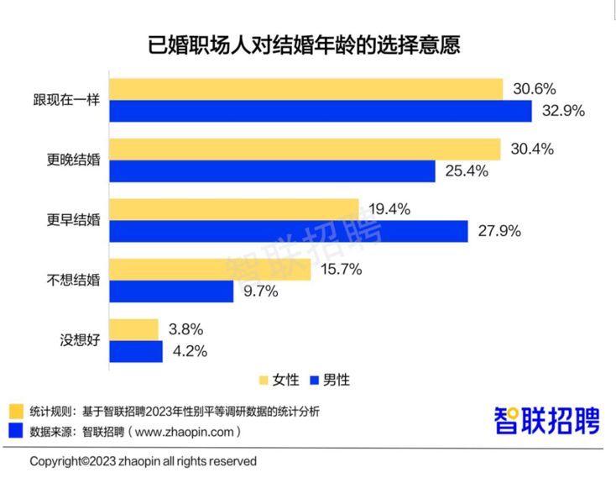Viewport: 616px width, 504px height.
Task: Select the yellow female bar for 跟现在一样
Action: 306,89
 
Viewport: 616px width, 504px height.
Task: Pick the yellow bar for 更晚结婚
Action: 305,149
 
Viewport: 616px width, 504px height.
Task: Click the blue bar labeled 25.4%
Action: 273,171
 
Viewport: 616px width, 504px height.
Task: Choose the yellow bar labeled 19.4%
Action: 234,209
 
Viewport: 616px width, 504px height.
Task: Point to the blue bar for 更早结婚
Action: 289,231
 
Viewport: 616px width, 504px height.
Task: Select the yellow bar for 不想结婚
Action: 211,270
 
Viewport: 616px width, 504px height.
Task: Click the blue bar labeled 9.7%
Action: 172,291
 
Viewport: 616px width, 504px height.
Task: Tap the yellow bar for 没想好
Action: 134,329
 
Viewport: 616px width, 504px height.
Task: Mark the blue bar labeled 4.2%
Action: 136,351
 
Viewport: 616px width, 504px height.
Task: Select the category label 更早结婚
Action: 73,220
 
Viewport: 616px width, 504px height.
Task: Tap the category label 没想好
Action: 79,340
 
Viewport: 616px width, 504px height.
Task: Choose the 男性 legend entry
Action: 327,380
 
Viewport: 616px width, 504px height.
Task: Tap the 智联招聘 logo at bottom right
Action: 546,420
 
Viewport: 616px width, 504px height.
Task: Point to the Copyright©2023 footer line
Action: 144,461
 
